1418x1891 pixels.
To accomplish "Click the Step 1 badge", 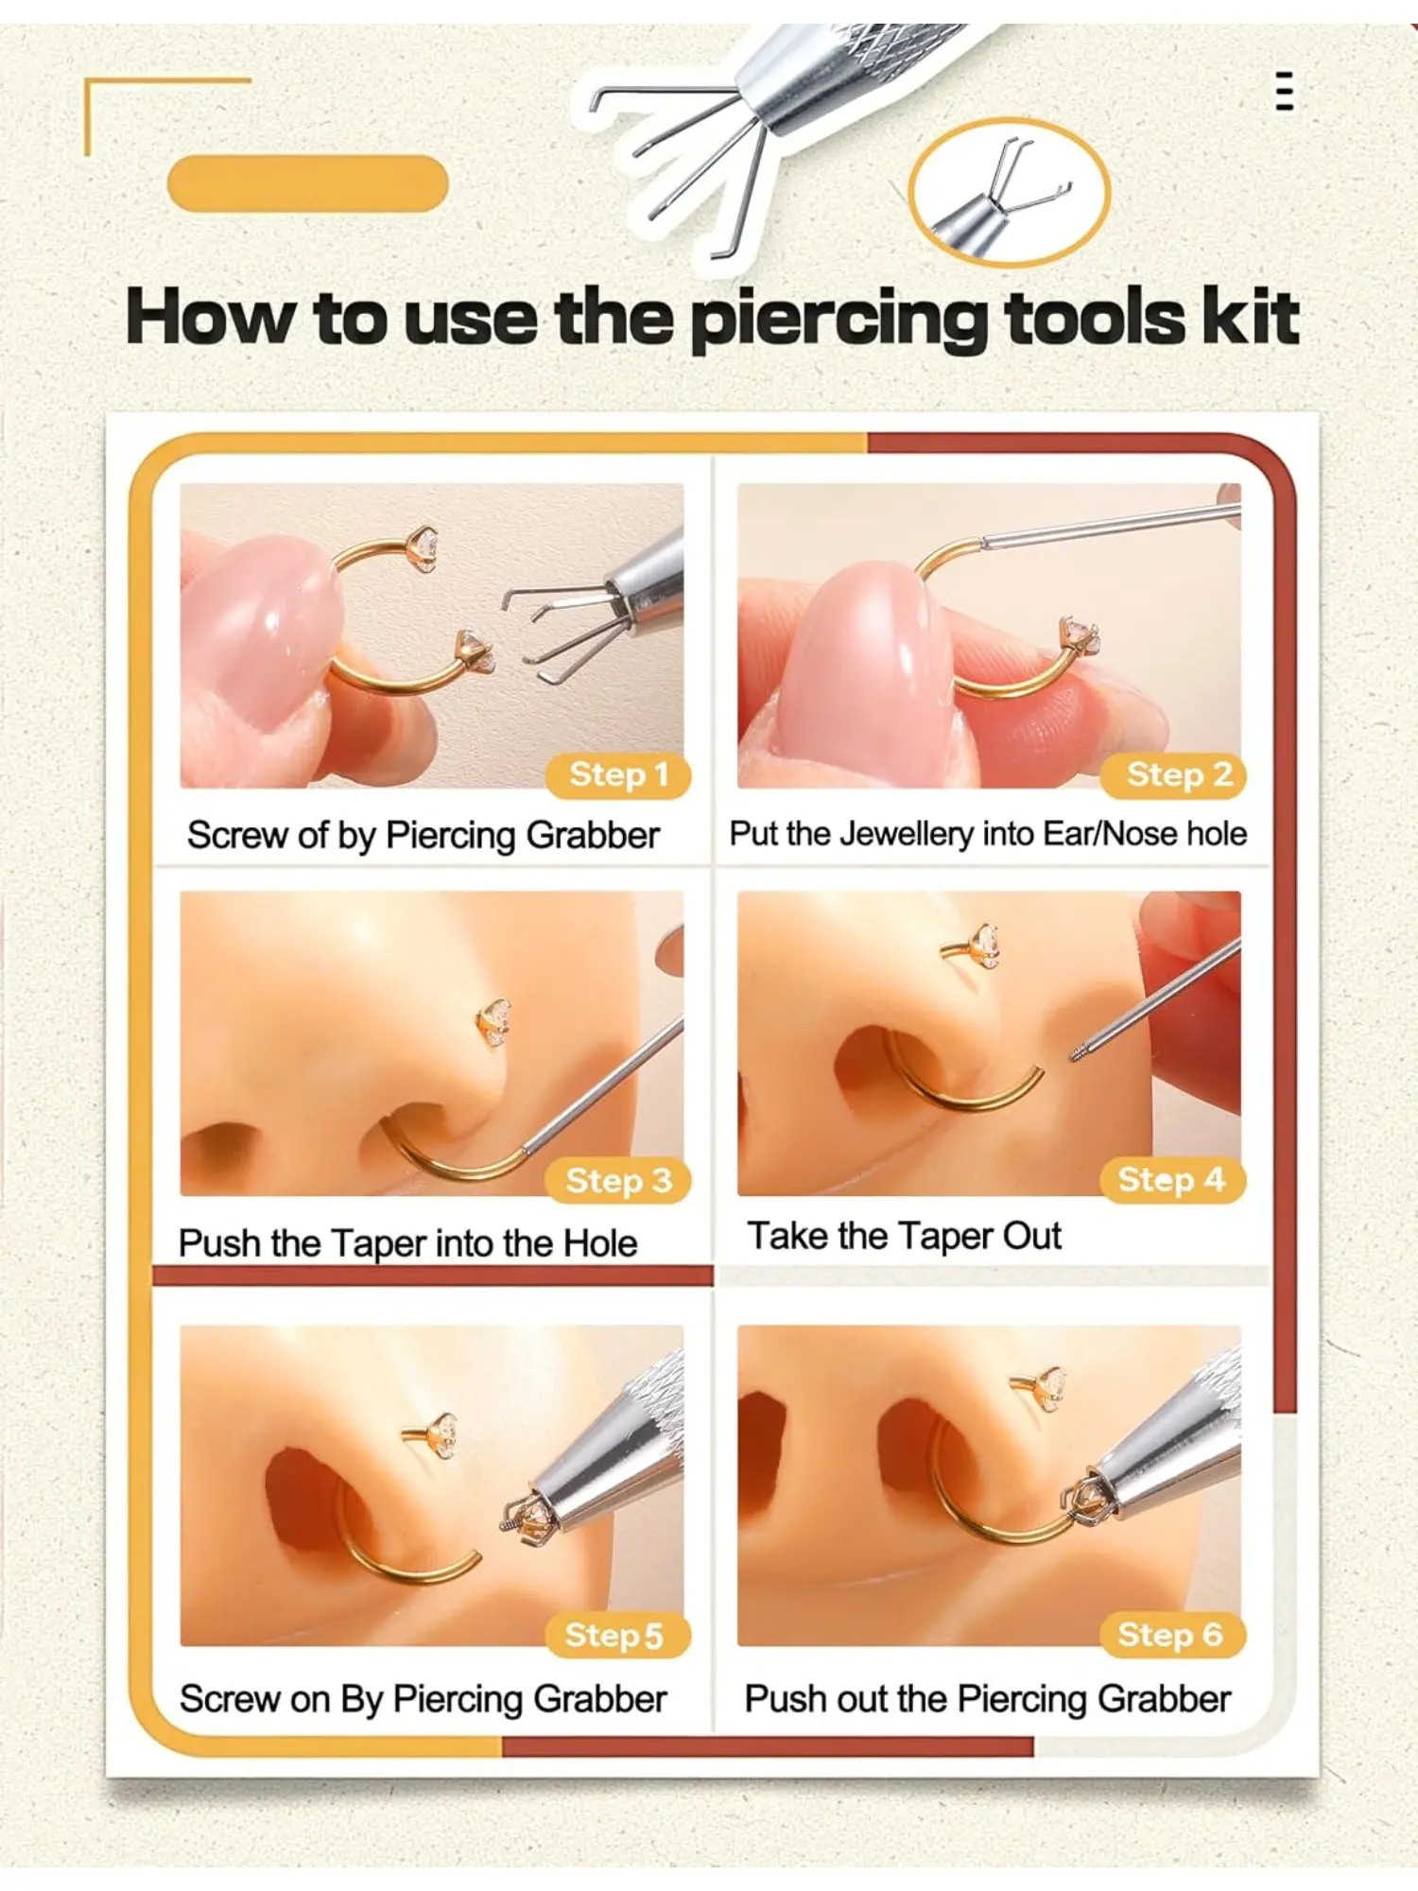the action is (x=618, y=775).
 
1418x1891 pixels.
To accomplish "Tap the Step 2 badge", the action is (x=1174, y=775).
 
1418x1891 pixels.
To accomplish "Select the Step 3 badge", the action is (x=618, y=1181).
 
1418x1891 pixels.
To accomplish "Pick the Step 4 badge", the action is (x=1173, y=1180).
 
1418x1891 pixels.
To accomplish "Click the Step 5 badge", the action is (x=618, y=1636).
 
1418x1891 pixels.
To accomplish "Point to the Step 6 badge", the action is (x=1173, y=1635).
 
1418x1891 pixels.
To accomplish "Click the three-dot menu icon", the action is (x=1284, y=91).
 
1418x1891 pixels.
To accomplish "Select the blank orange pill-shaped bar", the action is (x=307, y=183).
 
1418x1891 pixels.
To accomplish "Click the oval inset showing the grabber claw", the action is (x=1009, y=192).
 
